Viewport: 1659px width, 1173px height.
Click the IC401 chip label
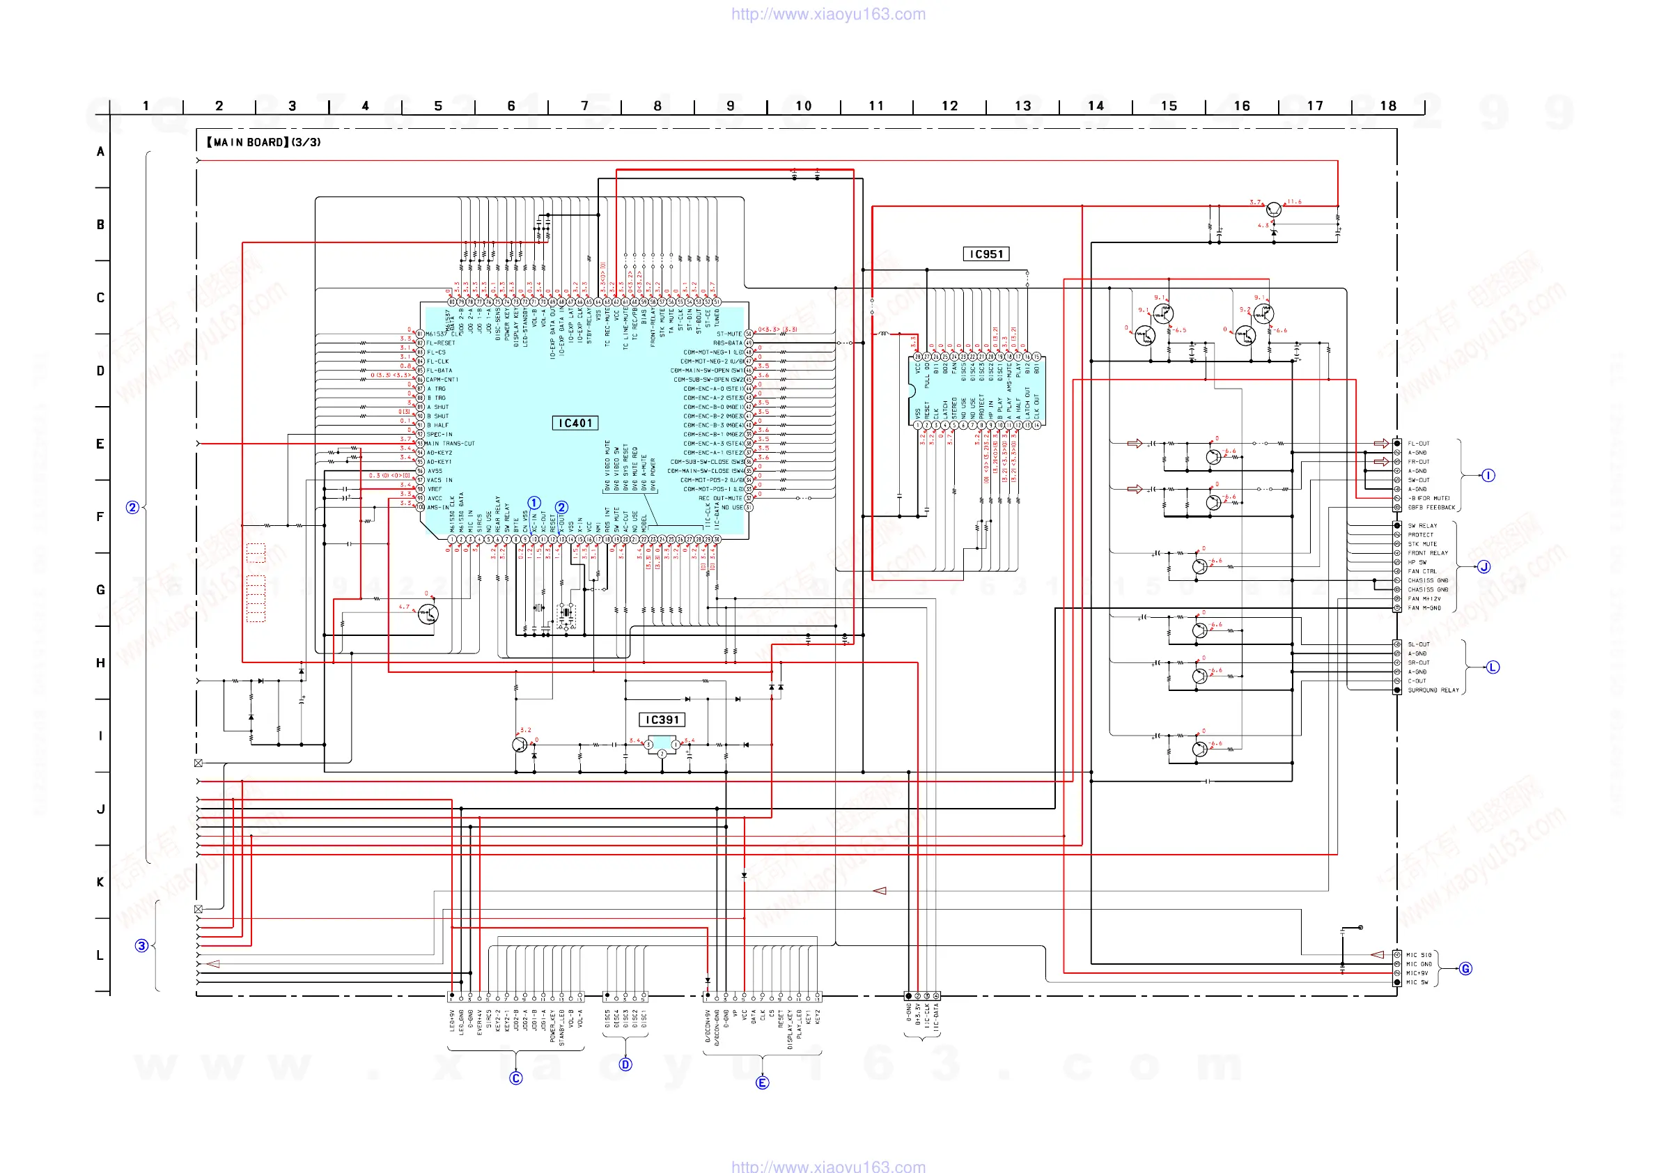click(x=575, y=423)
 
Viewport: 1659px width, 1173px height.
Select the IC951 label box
click(x=986, y=254)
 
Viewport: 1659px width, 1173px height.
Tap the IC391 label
click(x=662, y=719)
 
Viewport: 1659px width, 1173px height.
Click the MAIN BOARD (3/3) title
click(x=264, y=142)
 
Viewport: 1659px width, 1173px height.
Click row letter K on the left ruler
click(x=100, y=882)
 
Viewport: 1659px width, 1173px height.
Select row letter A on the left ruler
click(x=100, y=152)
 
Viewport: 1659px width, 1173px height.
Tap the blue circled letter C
click(x=516, y=1078)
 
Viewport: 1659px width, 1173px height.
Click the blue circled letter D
click(x=625, y=1064)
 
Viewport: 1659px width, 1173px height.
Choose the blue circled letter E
click(x=763, y=1082)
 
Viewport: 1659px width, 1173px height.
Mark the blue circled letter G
click(x=1465, y=968)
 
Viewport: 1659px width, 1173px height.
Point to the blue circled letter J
click(x=1484, y=566)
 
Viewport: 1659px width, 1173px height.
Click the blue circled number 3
click(x=141, y=945)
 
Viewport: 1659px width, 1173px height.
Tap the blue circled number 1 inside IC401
click(x=534, y=502)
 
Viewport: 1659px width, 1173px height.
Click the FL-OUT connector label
click(x=1419, y=444)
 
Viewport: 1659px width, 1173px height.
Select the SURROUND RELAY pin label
click(x=1433, y=690)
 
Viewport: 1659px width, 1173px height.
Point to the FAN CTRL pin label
click(x=1422, y=571)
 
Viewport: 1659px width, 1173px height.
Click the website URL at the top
click(x=828, y=14)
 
